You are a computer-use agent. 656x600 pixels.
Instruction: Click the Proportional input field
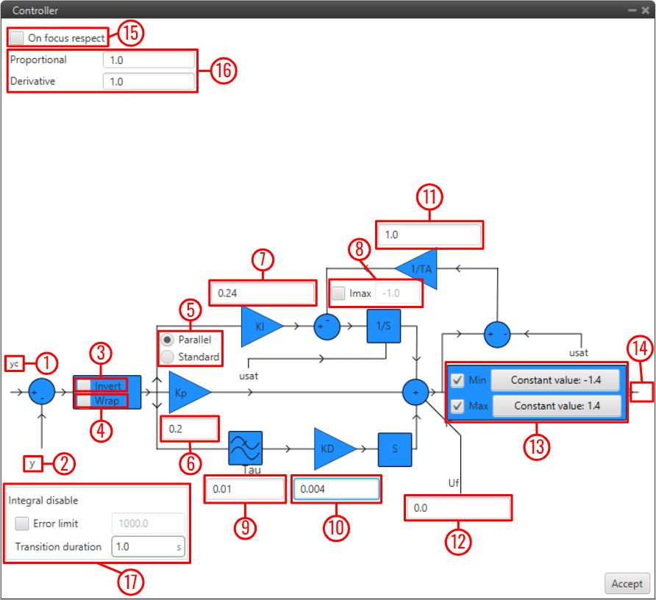pyautogui.click(x=149, y=60)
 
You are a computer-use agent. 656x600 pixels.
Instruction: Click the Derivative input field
pyautogui.click(x=149, y=82)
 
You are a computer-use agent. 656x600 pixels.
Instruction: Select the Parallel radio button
pyautogui.click(x=168, y=340)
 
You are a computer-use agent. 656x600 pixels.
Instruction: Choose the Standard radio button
pyautogui.click(x=168, y=357)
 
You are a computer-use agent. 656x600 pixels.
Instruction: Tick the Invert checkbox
pyautogui.click(x=85, y=385)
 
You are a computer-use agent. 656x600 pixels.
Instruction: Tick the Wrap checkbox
pyautogui.click(x=85, y=401)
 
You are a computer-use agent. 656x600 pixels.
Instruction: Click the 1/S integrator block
pyautogui.click(x=384, y=326)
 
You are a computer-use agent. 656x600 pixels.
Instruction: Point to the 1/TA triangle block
pyautogui.click(x=418, y=269)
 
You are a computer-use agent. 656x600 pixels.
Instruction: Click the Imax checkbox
pyautogui.click(x=338, y=293)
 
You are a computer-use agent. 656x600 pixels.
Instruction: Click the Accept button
pyautogui.click(x=627, y=583)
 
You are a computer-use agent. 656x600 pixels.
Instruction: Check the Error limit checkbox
pyautogui.click(x=22, y=524)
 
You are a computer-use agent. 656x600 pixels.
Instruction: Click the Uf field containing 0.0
pyautogui.click(x=457, y=508)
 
